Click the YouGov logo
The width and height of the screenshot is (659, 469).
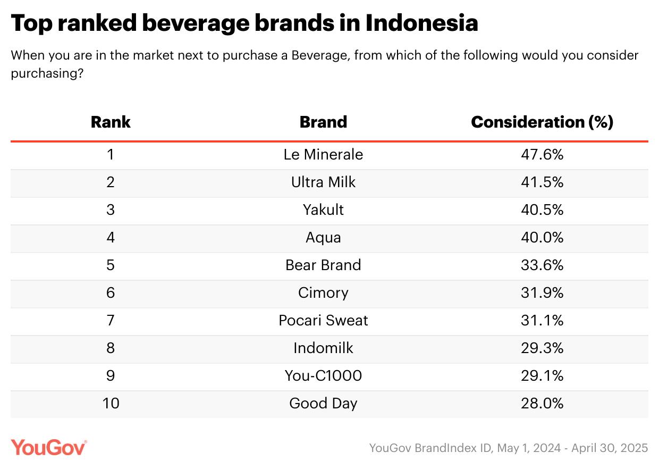[x=48, y=447]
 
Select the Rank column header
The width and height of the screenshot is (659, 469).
[x=111, y=122]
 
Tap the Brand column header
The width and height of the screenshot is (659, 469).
[x=323, y=122]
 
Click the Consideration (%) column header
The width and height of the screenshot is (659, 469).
[x=542, y=122]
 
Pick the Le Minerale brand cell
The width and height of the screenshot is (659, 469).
[x=323, y=155]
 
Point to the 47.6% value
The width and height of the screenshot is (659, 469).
[x=542, y=155]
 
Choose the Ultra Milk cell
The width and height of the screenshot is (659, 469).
[x=323, y=182]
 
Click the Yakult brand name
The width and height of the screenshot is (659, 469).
[x=323, y=210]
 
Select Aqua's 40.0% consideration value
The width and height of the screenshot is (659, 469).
[x=542, y=238]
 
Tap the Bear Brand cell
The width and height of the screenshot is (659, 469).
[x=323, y=265]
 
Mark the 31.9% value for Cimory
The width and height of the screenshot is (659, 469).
[x=542, y=293]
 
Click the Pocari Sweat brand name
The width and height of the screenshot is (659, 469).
[x=323, y=321]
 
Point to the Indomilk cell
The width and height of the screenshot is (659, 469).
[x=323, y=348]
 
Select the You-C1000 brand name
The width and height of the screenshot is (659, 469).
[x=323, y=376]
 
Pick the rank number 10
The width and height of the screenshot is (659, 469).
[x=111, y=404]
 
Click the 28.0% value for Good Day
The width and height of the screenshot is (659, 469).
[x=542, y=404]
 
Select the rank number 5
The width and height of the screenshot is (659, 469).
[x=111, y=265]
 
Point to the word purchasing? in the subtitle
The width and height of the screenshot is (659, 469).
[x=47, y=73]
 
